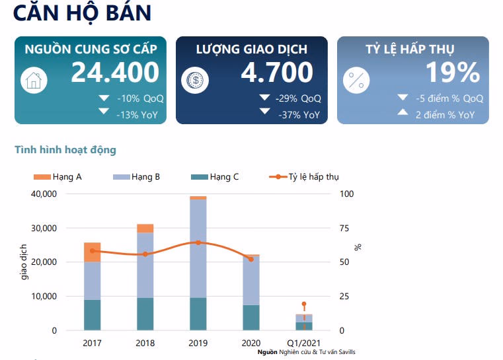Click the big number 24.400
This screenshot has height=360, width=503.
pos(115,73)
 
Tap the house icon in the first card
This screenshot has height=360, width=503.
pos(32,80)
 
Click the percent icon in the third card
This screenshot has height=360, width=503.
pos(356,81)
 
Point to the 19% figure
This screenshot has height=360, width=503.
pos(452,73)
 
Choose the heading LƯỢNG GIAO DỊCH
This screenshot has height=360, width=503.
pos(251,50)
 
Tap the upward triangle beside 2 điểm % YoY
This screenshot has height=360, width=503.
pos(402,114)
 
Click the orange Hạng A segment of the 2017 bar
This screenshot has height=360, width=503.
pos(92,252)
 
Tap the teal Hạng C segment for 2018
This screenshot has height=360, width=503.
pos(145,314)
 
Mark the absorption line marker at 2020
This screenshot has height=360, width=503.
pos(251,259)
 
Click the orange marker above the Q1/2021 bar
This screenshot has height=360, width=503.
pos(303,304)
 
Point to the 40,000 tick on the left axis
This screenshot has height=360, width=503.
pos(44,194)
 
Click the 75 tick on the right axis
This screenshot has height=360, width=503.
pos(343,228)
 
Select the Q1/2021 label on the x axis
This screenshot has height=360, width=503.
pos(303,343)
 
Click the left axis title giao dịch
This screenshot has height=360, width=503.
pos(25,262)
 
